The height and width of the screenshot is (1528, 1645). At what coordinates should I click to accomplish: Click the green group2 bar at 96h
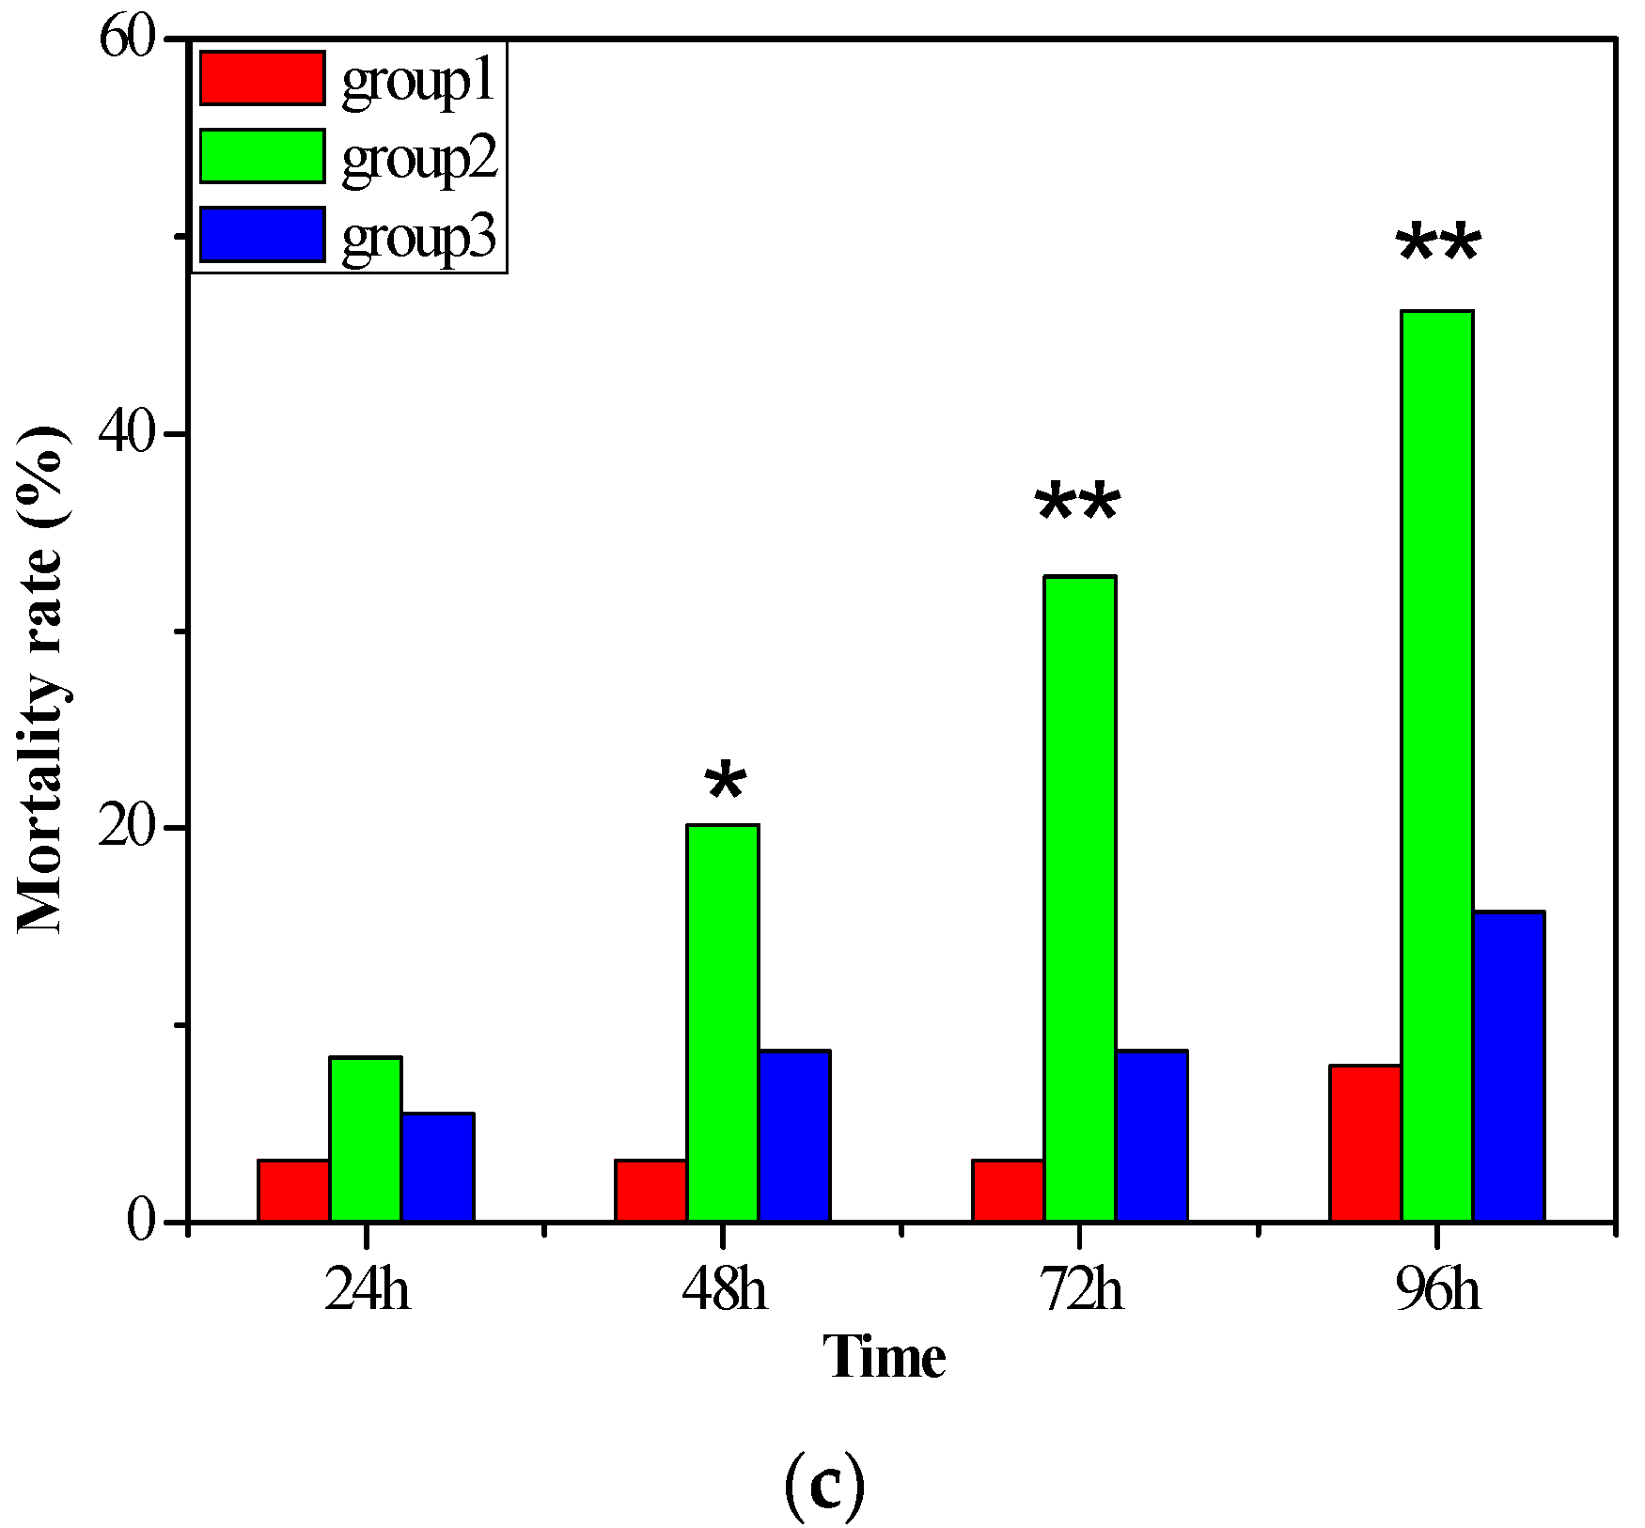(x=1436, y=766)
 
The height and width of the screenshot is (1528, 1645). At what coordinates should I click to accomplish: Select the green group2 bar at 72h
(x=1080, y=898)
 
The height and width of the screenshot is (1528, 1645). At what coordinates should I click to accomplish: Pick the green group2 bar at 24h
(x=366, y=1139)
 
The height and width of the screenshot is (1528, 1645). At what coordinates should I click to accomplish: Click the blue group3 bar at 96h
(x=1509, y=1067)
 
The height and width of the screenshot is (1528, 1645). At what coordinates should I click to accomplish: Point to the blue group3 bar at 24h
(x=438, y=1167)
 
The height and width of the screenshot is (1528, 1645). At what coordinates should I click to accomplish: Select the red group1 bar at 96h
(x=1365, y=1143)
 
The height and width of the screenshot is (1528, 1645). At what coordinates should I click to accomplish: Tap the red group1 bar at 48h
(x=650, y=1191)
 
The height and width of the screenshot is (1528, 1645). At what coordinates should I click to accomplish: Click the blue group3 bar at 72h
(x=1151, y=1136)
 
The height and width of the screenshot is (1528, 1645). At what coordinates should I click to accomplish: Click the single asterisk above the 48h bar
(x=726, y=781)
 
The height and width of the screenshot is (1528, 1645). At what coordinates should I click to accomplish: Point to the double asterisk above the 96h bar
(x=1438, y=245)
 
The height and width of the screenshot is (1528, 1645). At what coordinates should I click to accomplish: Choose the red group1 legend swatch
(x=262, y=78)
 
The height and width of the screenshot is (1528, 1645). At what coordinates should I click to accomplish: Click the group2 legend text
(x=418, y=158)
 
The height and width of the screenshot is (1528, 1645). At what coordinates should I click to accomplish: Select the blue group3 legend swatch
(x=262, y=234)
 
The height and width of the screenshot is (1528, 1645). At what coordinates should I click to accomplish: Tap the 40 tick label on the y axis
(x=127, y=434)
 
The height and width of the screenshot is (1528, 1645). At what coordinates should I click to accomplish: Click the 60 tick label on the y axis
(x=127, y=39)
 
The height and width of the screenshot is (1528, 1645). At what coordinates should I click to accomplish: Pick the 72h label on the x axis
(x=1081, y=1289)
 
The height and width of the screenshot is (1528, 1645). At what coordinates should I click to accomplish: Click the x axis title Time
(x=885, y=1358)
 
